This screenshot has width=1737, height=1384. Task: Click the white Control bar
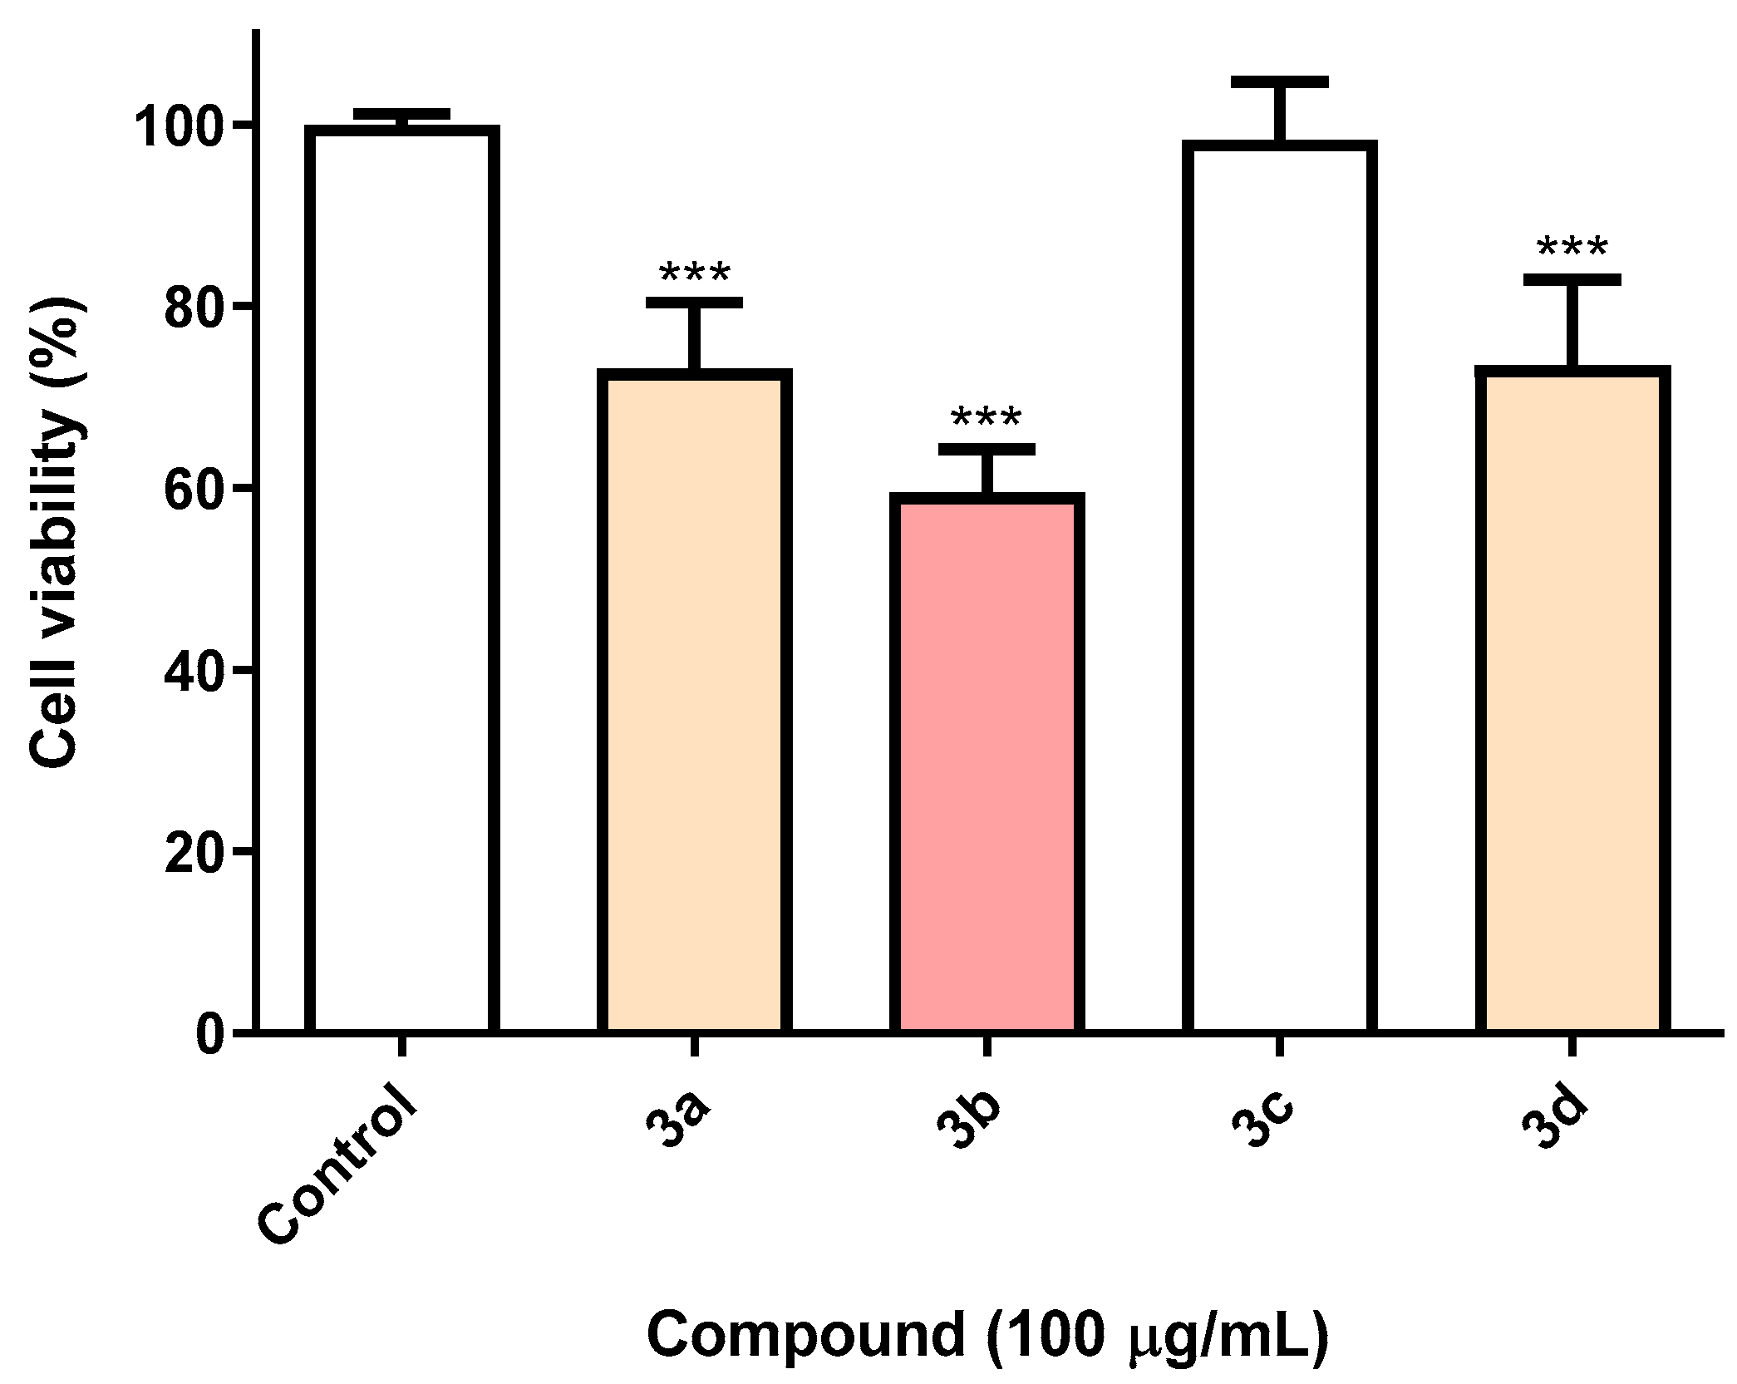click(401, 582)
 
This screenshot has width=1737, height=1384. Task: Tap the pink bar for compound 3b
click(987, 765)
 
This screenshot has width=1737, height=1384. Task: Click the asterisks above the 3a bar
click(694, 273)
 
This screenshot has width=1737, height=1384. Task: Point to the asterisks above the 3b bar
click(987, 418)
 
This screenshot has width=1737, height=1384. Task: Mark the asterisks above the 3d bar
click(1572, 249)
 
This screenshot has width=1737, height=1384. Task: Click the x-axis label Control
click(337, 1176)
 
